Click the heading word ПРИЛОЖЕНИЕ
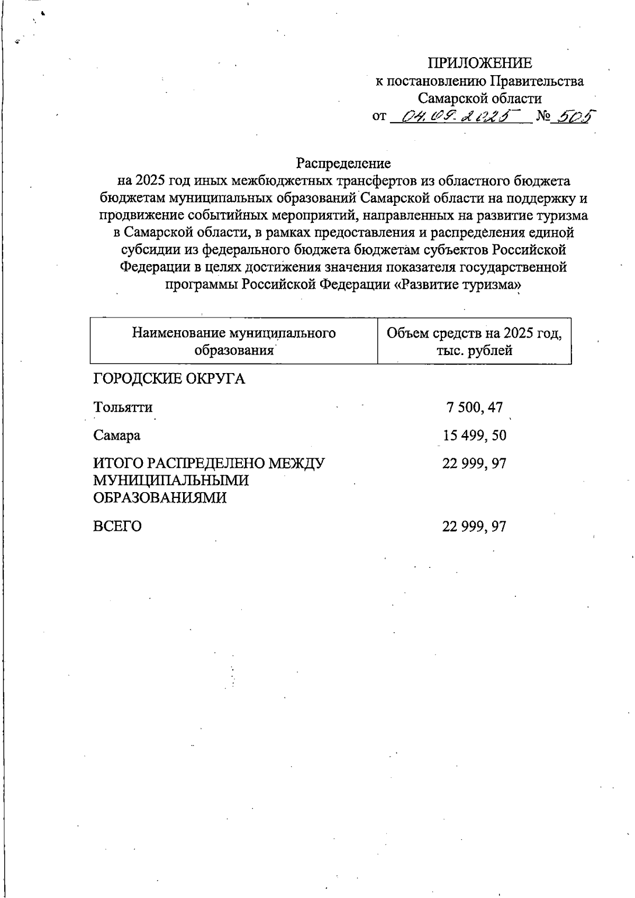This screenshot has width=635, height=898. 479,64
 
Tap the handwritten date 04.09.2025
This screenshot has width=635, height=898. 460,115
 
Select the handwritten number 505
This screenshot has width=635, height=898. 570,115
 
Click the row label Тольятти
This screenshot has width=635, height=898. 123,407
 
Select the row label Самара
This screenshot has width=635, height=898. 117,436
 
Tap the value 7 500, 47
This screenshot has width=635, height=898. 475,407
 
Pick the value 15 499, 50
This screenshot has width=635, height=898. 475,436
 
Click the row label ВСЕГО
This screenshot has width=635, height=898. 117,527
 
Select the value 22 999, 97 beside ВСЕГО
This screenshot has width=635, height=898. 475,527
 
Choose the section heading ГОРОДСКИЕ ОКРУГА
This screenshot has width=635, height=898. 169,379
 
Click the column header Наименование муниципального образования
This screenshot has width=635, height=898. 234,341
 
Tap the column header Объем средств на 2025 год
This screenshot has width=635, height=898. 474,333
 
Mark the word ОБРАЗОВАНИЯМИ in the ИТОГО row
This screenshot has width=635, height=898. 160,498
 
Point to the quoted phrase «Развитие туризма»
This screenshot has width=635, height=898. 458,284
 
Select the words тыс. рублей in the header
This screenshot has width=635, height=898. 474,350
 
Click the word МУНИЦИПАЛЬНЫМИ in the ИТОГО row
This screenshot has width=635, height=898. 171,480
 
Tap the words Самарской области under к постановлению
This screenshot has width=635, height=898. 479,98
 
